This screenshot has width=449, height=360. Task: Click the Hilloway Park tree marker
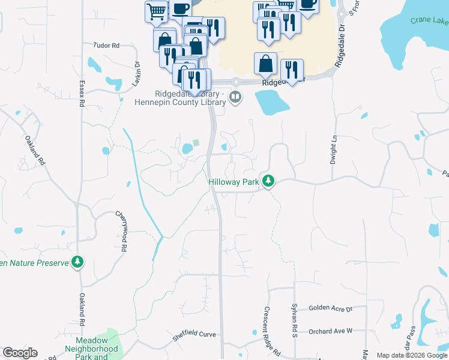[269, 181]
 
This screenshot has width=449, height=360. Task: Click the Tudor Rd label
[107, 45]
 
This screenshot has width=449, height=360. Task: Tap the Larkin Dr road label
[137, 72]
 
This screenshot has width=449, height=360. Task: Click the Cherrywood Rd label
[122, 230]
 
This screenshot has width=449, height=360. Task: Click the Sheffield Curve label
[193, 337]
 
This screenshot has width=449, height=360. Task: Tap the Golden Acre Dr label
[330, 308]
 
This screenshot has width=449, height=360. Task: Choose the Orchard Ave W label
[330, 331]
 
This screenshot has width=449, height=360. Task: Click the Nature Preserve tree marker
[77, 262]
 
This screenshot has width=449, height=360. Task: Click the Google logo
[20, 353]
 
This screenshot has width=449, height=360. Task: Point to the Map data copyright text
[411, 355]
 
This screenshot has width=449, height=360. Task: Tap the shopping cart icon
[156, 11]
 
